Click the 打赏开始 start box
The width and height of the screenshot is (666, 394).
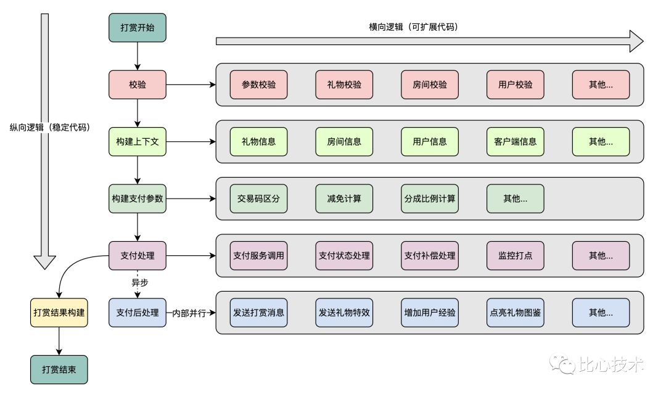(x=138, y=28)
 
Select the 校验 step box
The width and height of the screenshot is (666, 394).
(x=138, y=84)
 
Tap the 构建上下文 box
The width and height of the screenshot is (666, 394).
(x=138, y=142)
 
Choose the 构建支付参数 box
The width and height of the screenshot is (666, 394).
(x=138, y=199)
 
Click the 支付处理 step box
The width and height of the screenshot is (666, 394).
(x=138, y=255)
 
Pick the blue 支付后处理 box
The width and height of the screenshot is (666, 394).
(x=138, y=313)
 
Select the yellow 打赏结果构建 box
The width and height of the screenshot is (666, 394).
(x=59, y=313)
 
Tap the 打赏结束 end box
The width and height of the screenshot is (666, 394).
(x=59, y=370)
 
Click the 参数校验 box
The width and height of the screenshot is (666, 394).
(x=259, y=84)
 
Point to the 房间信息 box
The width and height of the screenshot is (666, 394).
(x=344, y=142)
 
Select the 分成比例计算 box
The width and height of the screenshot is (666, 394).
(x=430, y=199)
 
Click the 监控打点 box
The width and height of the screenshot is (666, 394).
(x=516, y=255)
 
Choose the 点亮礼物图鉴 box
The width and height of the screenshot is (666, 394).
(x=516, y=313)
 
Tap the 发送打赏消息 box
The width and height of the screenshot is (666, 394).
(x=259, y=313)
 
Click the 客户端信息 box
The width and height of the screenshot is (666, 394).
(x=516, y=142)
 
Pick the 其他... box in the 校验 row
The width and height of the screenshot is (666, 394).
(x=601, y=84)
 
